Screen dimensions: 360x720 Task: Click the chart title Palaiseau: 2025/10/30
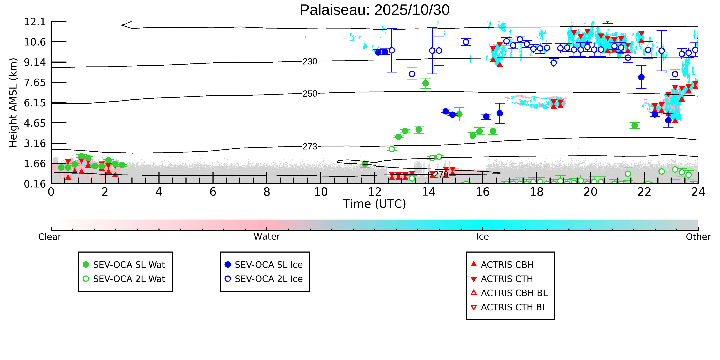(375, 10)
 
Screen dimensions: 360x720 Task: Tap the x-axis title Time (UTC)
(375, 204)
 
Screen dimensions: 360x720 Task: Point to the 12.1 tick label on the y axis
(35, 21)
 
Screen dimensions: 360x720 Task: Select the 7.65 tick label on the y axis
(35, 82)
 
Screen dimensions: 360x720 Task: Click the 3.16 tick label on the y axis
(35, 143)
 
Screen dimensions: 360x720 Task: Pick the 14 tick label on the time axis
(428, 192)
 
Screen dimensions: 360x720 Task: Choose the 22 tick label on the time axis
(644, 192)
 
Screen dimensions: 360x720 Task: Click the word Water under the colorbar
(267, 236)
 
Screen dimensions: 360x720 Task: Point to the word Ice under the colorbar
(482, 236)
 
